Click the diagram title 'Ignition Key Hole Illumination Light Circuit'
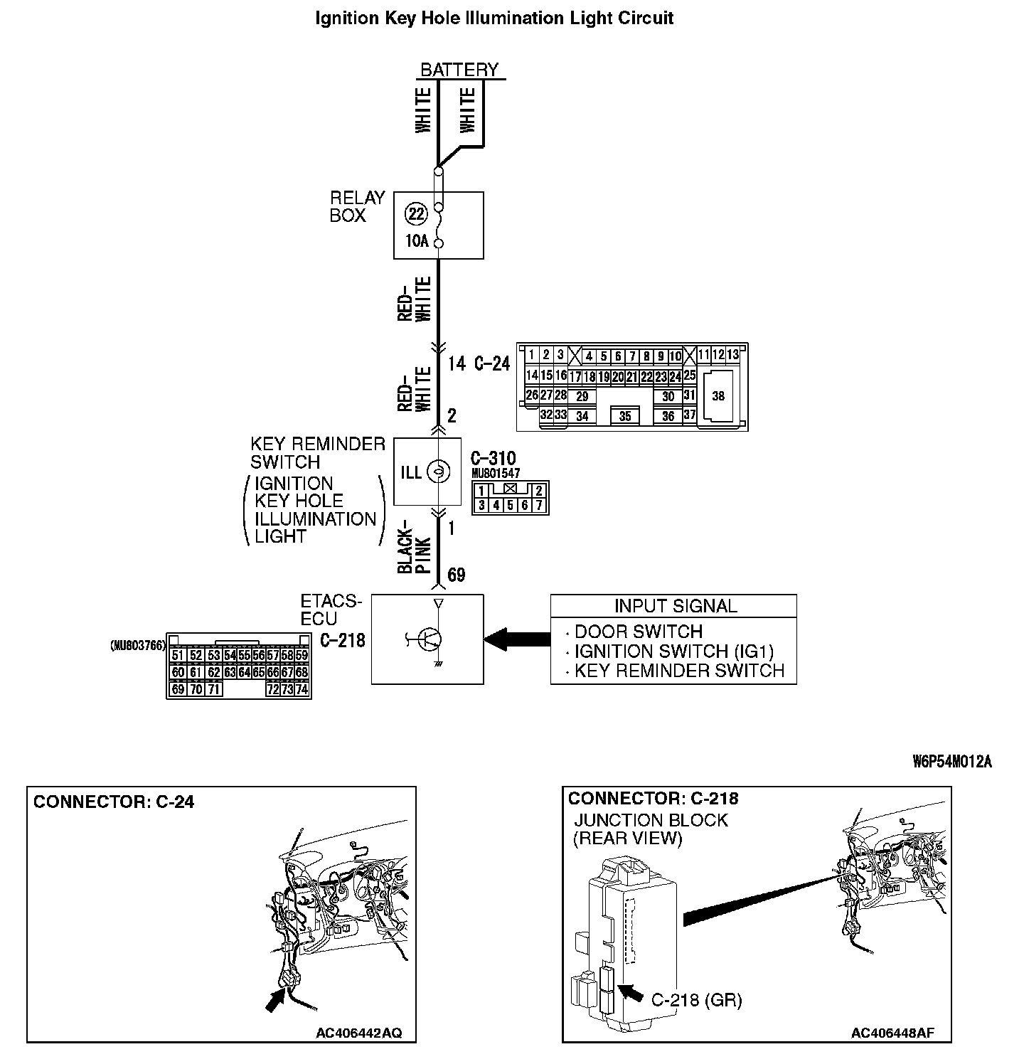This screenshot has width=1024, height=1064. (494, 18)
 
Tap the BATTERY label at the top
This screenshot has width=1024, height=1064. (459, 70)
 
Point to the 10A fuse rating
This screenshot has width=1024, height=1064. (417, 241)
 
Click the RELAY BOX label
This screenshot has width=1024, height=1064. (357, 206)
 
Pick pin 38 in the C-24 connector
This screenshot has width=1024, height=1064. (718, 396)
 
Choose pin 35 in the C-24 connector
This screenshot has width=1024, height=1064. (625, 416)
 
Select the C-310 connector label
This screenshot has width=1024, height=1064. (494, 458)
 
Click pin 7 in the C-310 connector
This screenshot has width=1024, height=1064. (539, 506)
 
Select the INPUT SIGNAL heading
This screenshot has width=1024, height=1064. (676, 606)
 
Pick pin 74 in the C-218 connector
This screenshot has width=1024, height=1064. (302, 689)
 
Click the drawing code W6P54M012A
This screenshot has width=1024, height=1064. (952, 762)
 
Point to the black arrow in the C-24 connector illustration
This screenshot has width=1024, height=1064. (273, 1000)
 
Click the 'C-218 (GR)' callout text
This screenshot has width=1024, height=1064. (696, 1000)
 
